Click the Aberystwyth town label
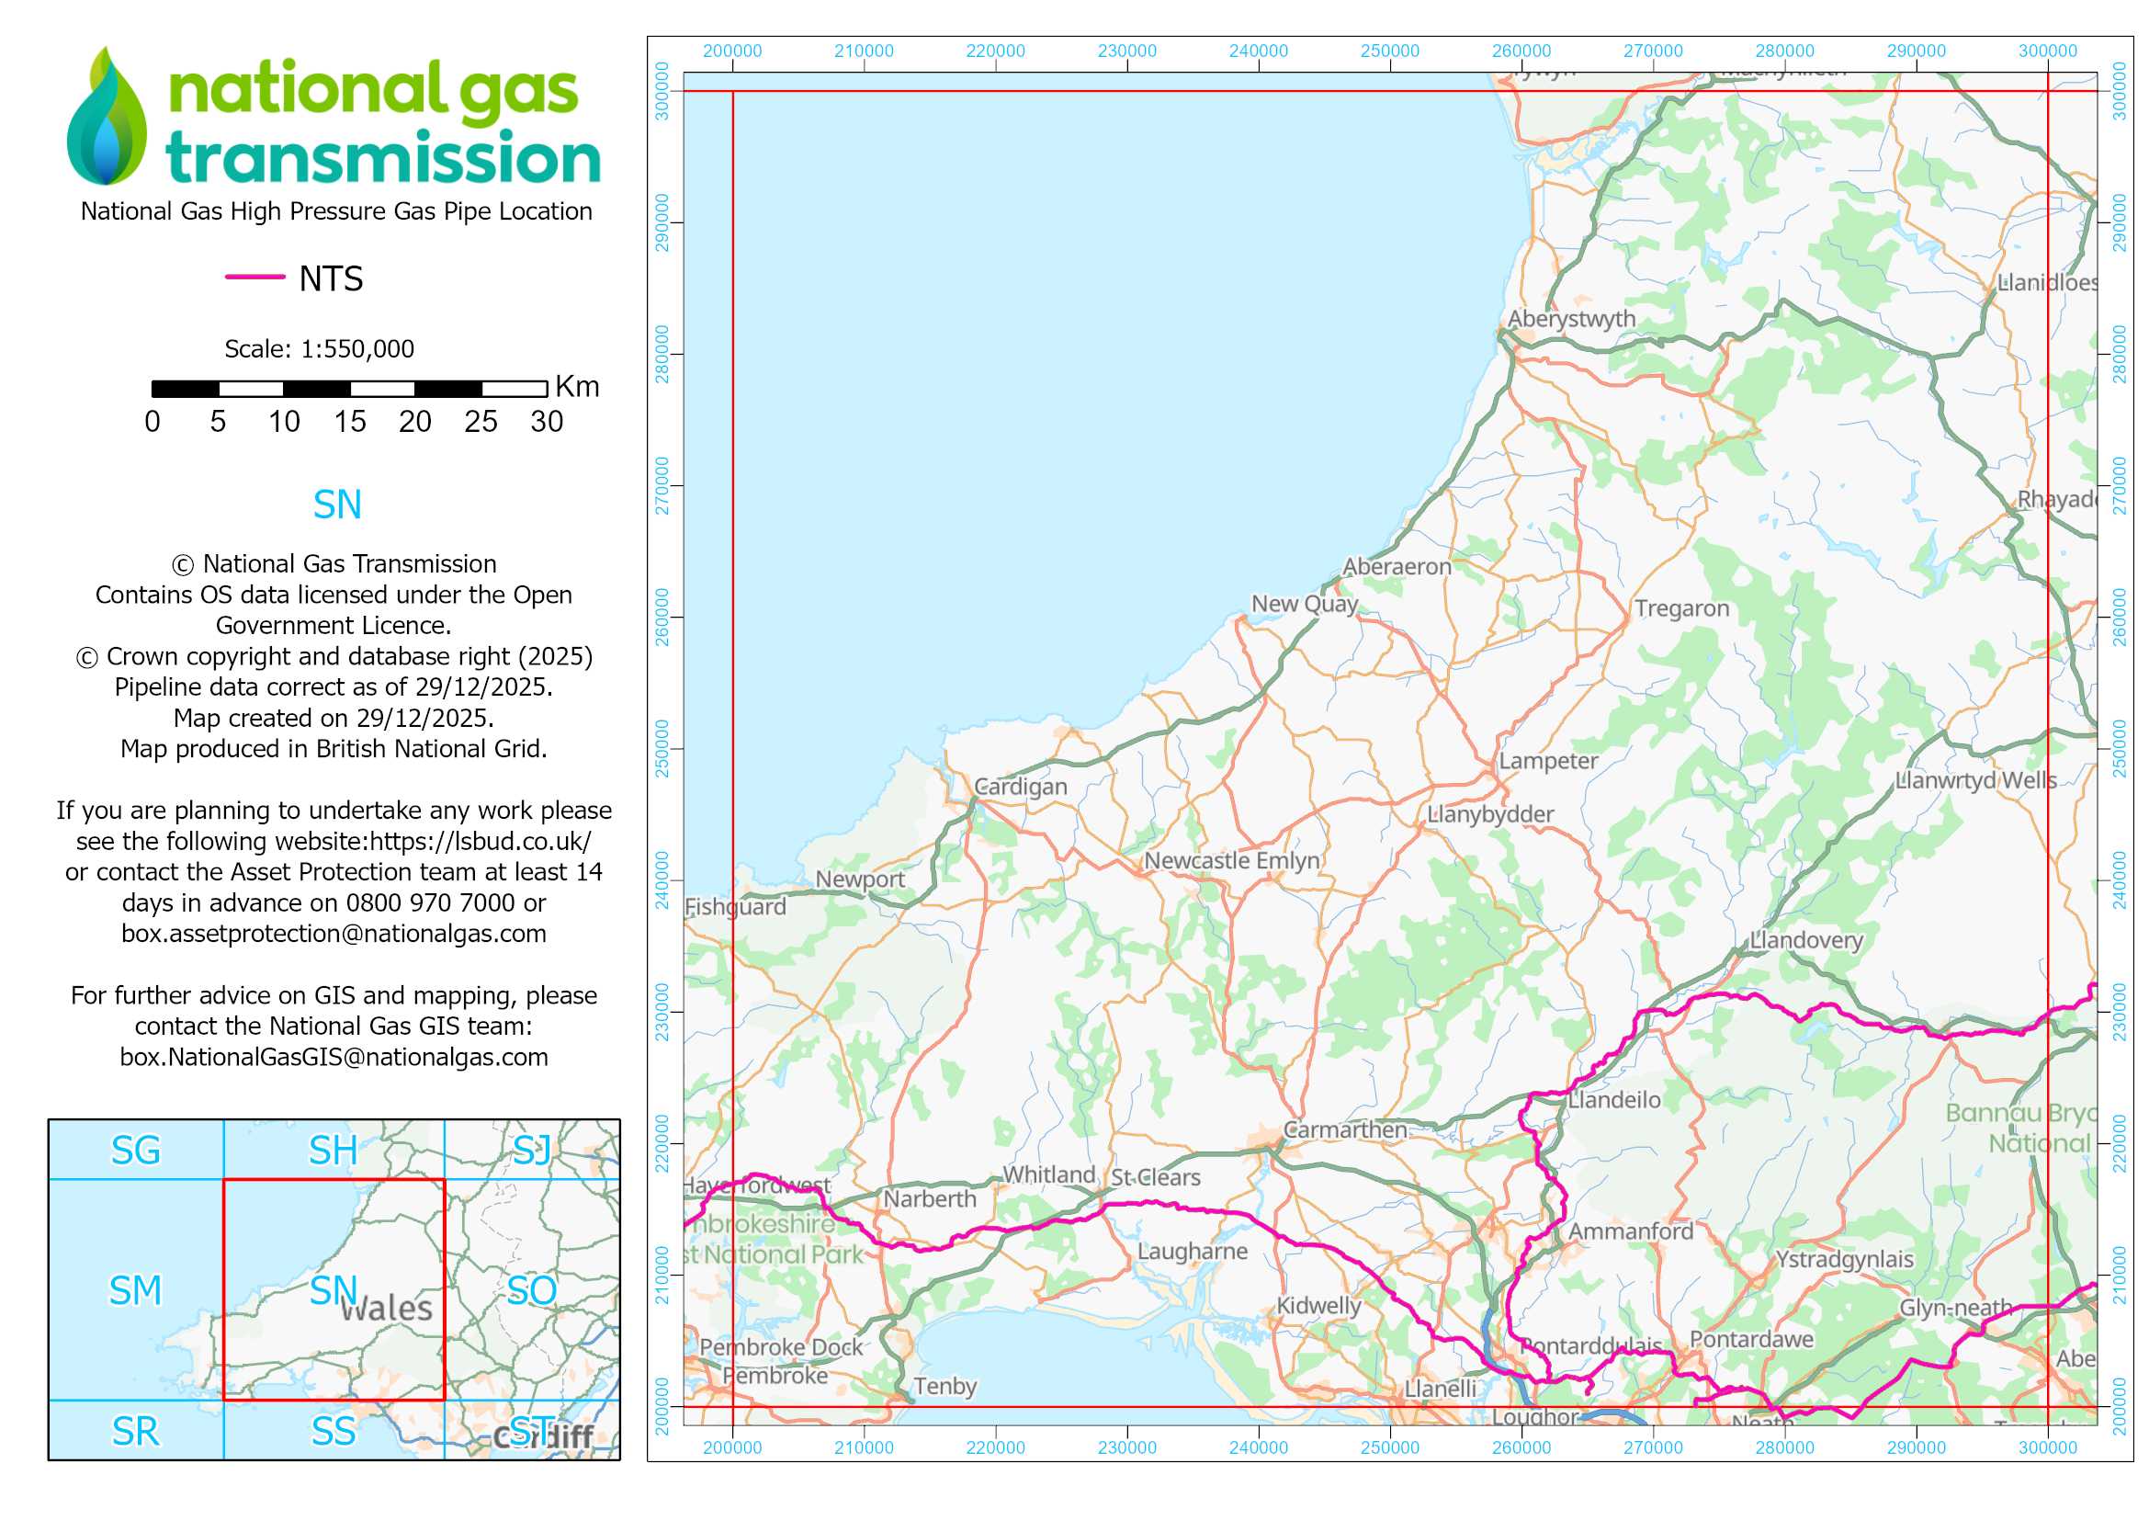click(1571, 319)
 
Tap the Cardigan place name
click(1020, 787)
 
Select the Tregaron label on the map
click(1682, 608)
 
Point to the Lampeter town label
click(1548, 761)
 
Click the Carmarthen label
click(1345, 1129)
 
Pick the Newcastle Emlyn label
click(1232, 860)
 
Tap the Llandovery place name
click(1806, 940)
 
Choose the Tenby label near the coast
click(944, 1386)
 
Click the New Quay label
click(1305, 604)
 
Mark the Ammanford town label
click(1632, 1231)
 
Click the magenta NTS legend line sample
click(254, 277)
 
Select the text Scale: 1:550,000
click(319, 349)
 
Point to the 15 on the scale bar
click(350, 422)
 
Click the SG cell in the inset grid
click(136, 1151)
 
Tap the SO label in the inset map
click(532, 1290)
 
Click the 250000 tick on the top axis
click(1390, 51)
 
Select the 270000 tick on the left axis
click(662, 486)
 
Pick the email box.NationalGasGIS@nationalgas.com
click(334, 1057)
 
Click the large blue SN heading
click(337, 505)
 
